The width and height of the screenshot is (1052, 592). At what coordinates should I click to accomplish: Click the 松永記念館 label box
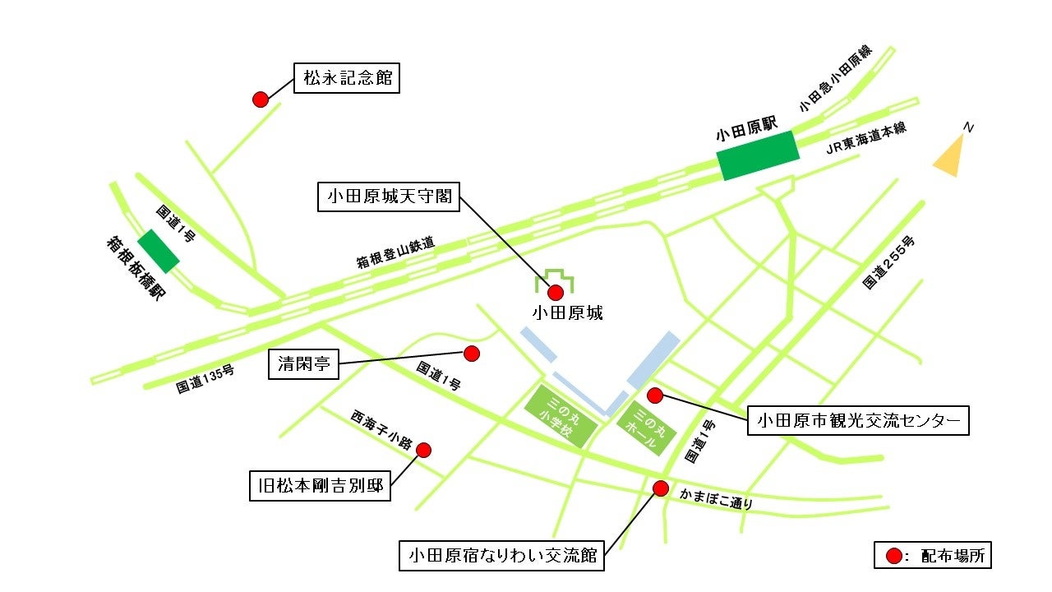[x=346, y=79]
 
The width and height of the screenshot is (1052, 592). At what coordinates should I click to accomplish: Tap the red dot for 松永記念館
[x=260, y=99]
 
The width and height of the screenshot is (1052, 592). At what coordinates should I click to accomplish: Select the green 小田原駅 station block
[x=758, y=155]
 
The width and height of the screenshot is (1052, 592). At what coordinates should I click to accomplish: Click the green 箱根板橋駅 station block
[x=159, y=251]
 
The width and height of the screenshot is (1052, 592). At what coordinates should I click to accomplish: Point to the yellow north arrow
[x=950, y=156]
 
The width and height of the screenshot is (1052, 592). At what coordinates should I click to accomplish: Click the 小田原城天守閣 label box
[x=389, y=197]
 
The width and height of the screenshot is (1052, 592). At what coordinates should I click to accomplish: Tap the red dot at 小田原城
[x=556, y=292]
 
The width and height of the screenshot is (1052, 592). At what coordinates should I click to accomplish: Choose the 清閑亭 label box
[x=303, y=364]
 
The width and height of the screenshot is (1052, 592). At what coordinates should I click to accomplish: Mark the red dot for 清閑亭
[x=471, y=354]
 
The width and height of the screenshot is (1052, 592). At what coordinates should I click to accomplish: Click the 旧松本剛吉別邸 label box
[x=321, y=485]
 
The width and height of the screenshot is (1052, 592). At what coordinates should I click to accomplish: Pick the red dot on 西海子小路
[x=423, y=450]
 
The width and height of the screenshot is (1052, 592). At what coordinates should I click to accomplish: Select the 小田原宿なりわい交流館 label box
[x=501, y=555]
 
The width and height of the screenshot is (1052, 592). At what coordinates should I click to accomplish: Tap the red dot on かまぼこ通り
[x=659, y=488]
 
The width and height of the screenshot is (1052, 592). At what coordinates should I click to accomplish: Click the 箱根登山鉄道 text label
[x=395, y=254]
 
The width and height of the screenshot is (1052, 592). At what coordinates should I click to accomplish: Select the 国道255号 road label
[x=888, y=262]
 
